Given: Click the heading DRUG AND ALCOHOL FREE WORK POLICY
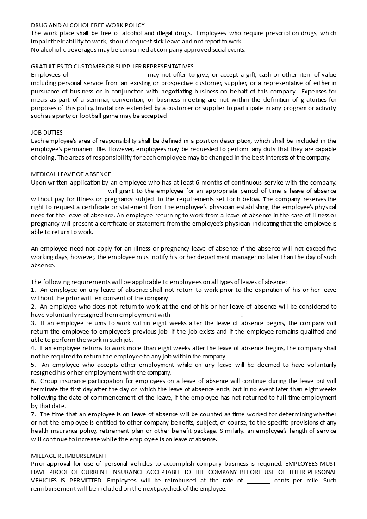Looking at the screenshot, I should click(x=87, y=25).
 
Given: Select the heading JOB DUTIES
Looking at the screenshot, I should click(x=47, y=133).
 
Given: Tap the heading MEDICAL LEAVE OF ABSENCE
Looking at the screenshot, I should click(x=71, y=174).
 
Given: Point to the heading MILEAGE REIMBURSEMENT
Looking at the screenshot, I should click(x=68, y=456).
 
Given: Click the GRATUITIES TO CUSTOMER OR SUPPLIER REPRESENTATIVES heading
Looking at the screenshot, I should click(x=112, y=67).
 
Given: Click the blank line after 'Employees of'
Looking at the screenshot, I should click(x=106, y=75).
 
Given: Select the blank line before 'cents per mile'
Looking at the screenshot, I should click(x=258, y=481).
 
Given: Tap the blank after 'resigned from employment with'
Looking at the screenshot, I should click(x=206, y=315).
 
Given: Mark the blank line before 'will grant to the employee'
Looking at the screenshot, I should click(x=67, y=191).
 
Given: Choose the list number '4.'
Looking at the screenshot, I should click(x=33, y=348).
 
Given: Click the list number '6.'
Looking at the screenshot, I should click(x=33, y=381).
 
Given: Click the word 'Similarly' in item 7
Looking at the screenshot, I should click(x=234, y=431).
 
